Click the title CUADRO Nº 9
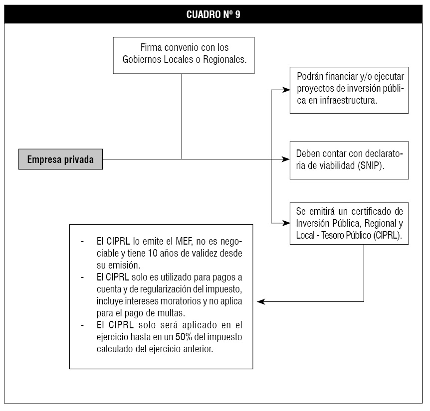213,14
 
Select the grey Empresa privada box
60,159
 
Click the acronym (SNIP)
371,166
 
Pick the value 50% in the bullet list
184,337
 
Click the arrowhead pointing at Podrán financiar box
286,90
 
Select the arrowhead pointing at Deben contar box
286,159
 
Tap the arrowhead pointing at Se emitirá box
286,223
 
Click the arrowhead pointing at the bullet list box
261,302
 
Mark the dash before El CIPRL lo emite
82,242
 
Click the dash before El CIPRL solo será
82,325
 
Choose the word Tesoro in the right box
332,235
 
